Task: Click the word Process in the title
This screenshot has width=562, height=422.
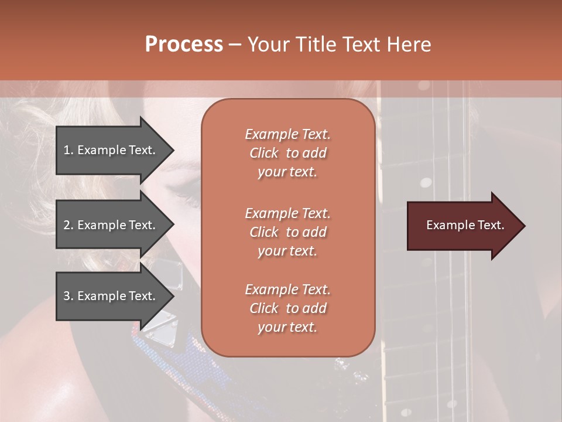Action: tap(184, 45)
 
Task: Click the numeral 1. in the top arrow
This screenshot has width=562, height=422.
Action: tap(68, 150)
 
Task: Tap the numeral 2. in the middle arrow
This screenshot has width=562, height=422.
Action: tap(68, 225)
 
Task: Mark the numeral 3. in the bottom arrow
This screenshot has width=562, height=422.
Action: tap(68, 296)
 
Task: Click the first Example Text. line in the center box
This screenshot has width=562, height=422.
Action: tap(287, 134)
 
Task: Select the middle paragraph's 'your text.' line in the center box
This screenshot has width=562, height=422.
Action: tap(287, 251)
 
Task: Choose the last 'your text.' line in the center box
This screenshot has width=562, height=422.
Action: tap(287, 327)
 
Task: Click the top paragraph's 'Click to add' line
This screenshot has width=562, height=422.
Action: tap(287, 153)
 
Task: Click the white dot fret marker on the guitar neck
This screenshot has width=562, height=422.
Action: tap(426, 182)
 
